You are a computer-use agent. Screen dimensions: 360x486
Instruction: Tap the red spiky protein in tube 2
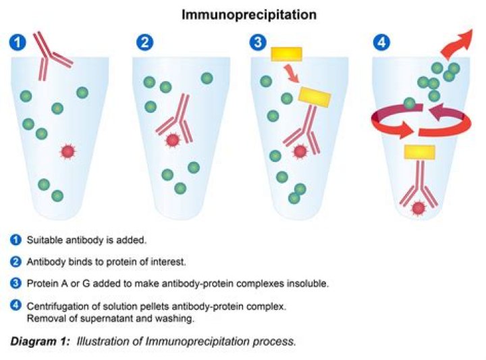pos(172,140)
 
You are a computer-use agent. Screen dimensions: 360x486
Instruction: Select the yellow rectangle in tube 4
pos(418,152)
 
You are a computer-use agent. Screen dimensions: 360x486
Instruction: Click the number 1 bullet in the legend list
pos(16,240)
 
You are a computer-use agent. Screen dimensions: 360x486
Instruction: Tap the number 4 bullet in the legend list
pos(16,306)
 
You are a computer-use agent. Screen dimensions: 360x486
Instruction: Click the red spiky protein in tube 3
pos(300,151)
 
